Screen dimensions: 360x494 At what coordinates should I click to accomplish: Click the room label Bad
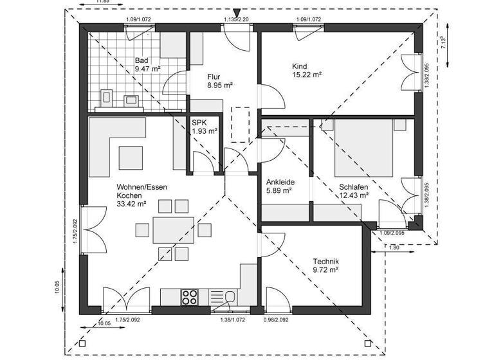click(x=142, y=61)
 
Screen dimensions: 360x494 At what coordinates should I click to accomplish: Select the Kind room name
click(x=299, y=66)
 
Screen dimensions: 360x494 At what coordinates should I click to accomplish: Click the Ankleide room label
click(x=280, y=182)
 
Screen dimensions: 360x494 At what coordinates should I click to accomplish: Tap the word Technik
click(x=325, y=262)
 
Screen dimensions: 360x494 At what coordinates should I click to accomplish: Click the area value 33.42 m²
click(x=131, y=204)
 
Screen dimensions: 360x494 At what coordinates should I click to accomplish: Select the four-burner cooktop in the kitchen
click(x=190, y=296)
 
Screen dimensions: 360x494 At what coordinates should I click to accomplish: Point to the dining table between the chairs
click(x=173, y=230)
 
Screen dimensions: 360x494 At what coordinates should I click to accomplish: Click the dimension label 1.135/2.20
click(x=236, y=20)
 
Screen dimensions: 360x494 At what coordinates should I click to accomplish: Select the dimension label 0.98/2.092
click(x=277, y=319)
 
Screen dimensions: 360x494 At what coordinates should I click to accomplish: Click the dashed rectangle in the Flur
click(x=240, y=124)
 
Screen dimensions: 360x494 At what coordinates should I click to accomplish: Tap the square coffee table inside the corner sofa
click(x=132, y=156)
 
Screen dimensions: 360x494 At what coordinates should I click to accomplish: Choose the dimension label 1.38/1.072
click(x=233, y=319)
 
